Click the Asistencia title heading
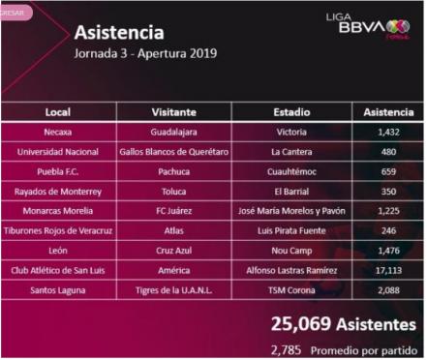(121, 32)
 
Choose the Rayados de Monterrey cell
(58, 193)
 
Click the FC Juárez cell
(175, 212)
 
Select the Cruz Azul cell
(175, 252)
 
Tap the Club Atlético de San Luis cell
(58, 272)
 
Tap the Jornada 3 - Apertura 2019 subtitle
(145, 53)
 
